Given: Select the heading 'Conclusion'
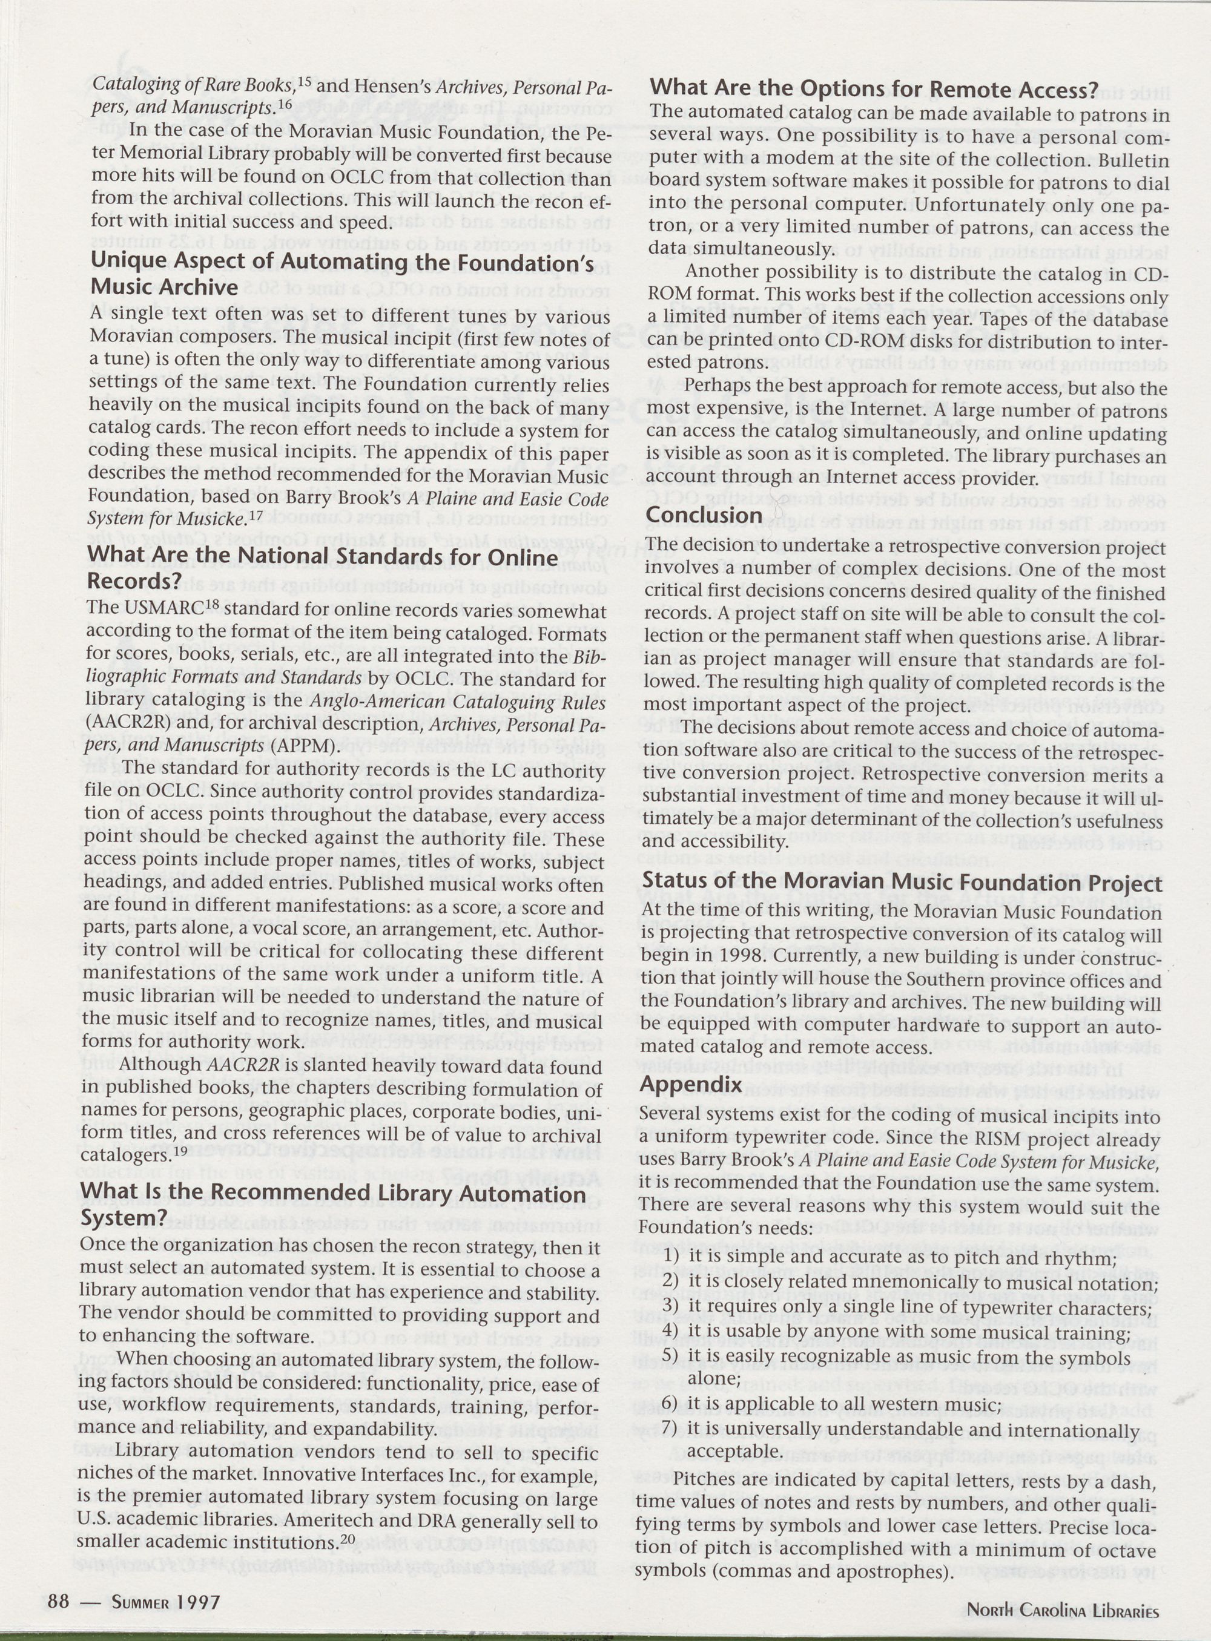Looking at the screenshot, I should pos(704,515).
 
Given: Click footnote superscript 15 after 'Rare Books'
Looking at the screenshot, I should pos(305,79).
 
